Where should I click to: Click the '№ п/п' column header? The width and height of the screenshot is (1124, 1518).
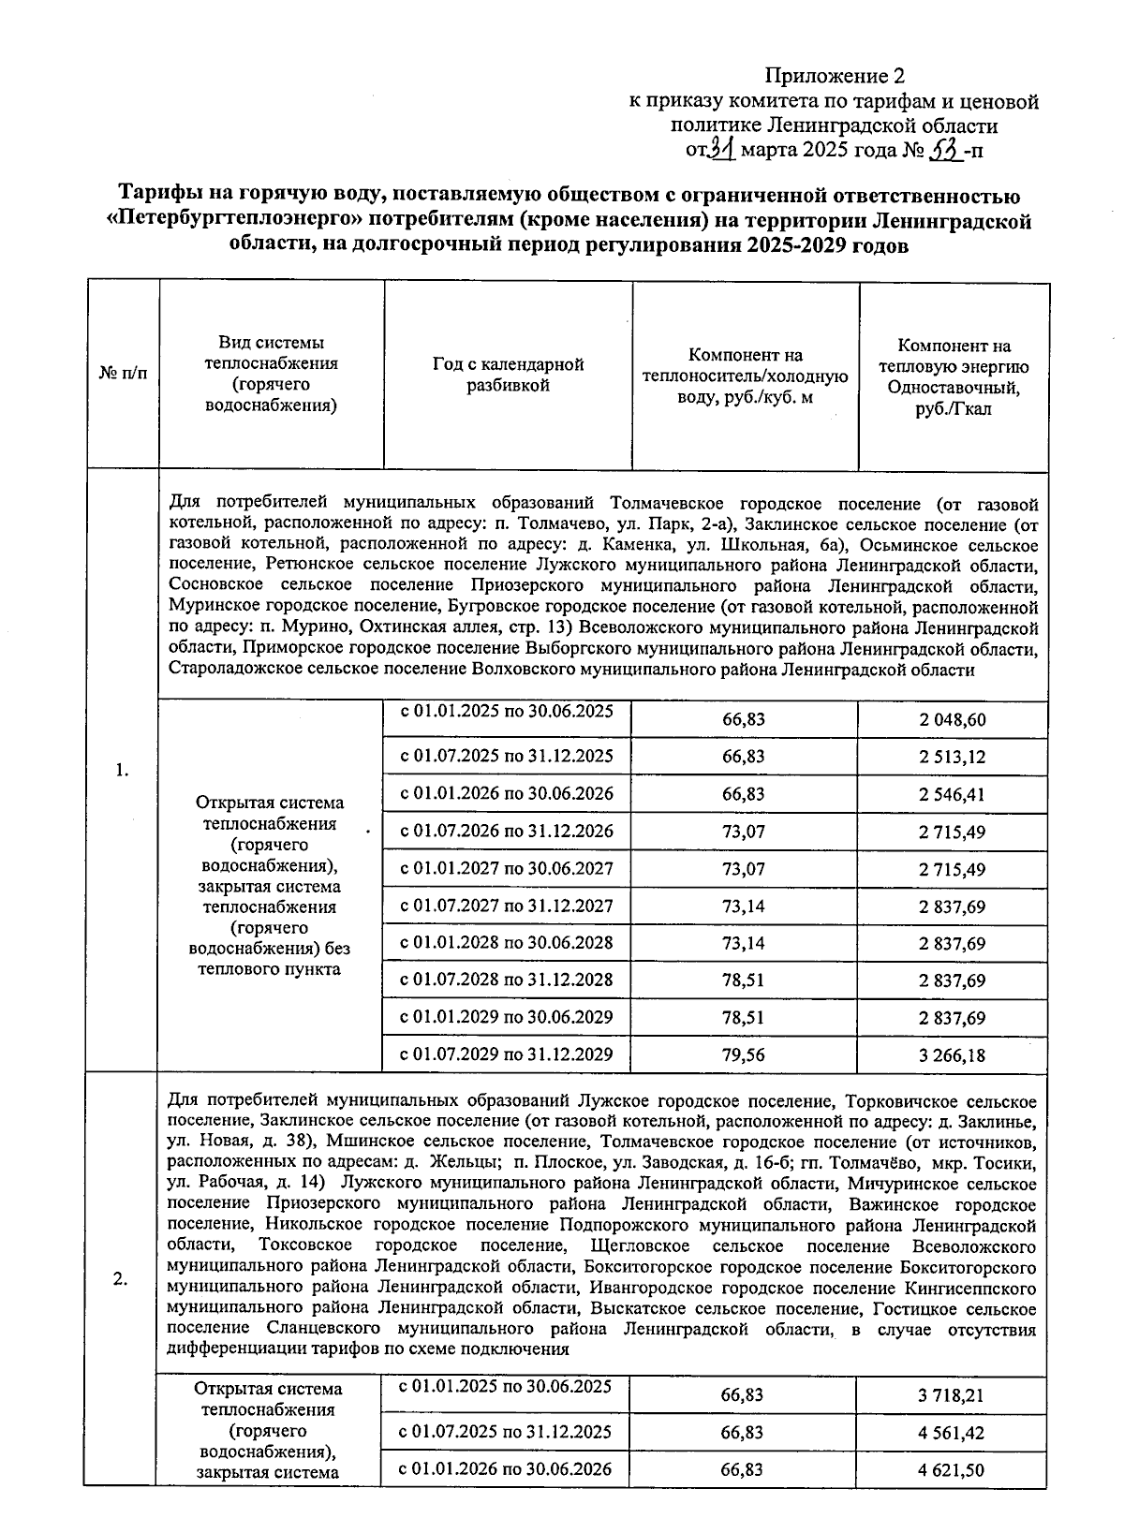point(123,375)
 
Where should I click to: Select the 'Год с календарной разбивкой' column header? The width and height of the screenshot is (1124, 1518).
point(508,375)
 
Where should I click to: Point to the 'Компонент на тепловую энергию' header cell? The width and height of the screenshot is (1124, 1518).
point(954,376)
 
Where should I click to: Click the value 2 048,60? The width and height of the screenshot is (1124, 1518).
point(952,720)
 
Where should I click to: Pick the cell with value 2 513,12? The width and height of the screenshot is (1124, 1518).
point(952,757)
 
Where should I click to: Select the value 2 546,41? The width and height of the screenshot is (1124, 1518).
point(952,795)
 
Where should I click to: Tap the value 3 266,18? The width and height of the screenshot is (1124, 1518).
point(952,1055)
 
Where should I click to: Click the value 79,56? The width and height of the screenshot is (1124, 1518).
point(744,1055)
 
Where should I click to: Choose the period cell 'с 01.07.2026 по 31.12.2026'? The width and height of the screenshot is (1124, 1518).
point(507,831)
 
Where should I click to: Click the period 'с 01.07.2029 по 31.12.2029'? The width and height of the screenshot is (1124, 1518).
point(507,1054)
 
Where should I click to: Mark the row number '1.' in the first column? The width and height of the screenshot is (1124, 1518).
point(122,771)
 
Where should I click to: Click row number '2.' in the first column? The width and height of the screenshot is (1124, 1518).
point(121,1280)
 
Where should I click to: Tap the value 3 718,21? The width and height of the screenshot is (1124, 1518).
point(951,1395)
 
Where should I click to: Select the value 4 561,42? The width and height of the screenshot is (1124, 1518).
point(951,1433)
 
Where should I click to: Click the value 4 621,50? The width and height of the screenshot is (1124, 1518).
point(951,1470)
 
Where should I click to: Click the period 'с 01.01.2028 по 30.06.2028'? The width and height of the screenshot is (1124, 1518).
point(507,942)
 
